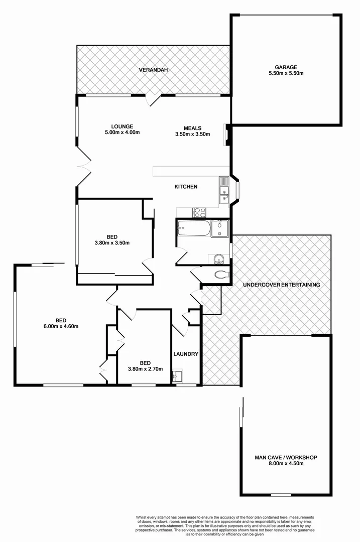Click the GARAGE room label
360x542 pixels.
pos(286,67)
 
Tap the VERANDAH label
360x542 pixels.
pos(153,70)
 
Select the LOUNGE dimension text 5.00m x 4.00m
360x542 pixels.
pos(122,132)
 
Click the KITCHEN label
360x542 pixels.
pos(186,187)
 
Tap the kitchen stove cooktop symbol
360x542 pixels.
pos(199,212)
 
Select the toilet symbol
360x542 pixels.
pos(221,275)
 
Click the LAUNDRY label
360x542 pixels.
pos(186,354)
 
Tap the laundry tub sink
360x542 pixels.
pos(177,376)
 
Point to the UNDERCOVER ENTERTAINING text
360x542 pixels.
pos(281,285)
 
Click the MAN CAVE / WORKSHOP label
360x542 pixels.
pos(286,458)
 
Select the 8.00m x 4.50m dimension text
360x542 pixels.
pos(286,464)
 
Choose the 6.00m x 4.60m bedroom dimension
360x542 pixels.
pos(61,326)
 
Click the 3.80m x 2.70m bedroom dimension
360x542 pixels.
pos(145,369)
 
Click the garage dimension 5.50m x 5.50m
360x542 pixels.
pos(286,73)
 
